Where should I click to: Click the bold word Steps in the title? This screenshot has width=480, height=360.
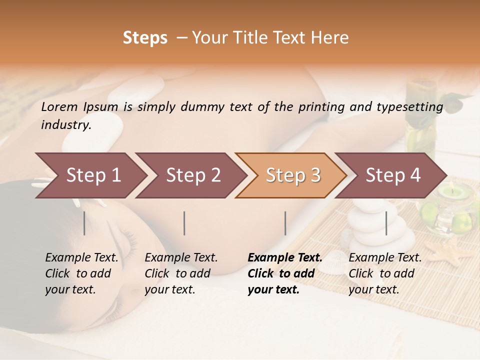(145, 38)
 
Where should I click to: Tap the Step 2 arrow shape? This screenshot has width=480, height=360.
(190, 175)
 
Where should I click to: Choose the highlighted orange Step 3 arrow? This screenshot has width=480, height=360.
(291, 175)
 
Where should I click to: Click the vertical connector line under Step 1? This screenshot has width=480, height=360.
(84, 223)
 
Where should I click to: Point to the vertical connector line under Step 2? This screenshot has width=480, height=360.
(184, 223)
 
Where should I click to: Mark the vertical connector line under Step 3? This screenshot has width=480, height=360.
(285, 223)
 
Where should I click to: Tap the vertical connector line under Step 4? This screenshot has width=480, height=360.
(386, 223)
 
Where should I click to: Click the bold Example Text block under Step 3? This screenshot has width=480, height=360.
(284, 273)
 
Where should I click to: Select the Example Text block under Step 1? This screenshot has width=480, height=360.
(81, 273)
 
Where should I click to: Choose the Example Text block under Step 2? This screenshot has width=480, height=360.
(181, 273)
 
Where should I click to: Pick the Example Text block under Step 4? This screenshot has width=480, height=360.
(384, 273)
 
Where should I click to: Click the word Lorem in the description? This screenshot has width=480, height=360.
(59, 106)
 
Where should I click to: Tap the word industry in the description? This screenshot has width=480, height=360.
(65, 125)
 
